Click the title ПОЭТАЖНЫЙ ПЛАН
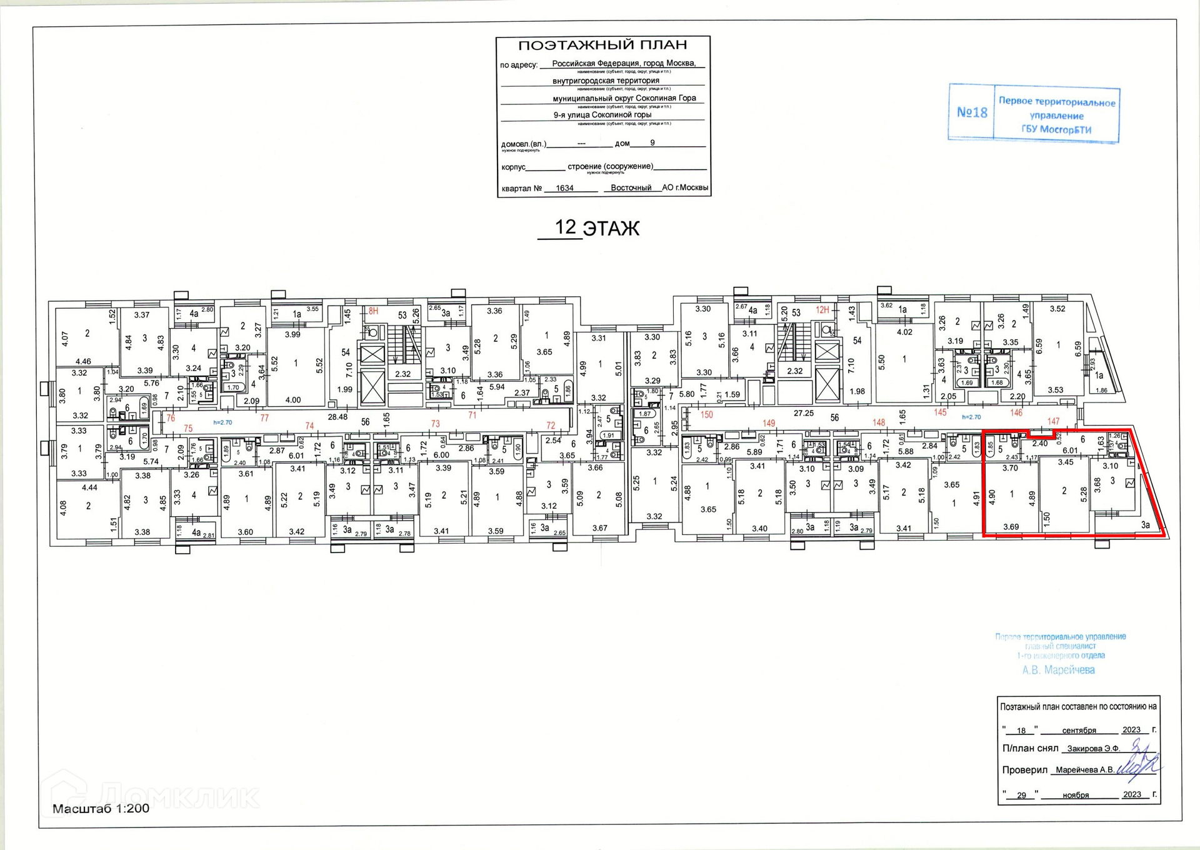[x=602, y=46]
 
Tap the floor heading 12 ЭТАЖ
[x=597, y=228]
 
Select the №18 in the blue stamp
[x=972, y=112]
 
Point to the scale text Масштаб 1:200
[x=101, y=808]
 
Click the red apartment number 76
[x=171, y=418]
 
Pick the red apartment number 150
[x=706, y=414]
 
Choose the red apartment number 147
[x=1053, y=421]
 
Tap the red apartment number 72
[x=551, y=426]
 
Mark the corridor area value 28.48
[x=337, y=417]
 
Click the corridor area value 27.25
[x=803, y=413]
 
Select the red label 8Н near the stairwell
[x=373, y=311]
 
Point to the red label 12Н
[x=822, y=310]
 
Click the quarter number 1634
[x=564, y=188]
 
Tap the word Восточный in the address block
[x=631, y=187]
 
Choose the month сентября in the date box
[x=1079, y=730]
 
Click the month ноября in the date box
[x=1076, y=795]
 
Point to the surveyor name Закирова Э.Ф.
[x=1093, y=748]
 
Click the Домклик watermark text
[x=178, y=796]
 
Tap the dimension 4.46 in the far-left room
[x=83, y=361]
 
